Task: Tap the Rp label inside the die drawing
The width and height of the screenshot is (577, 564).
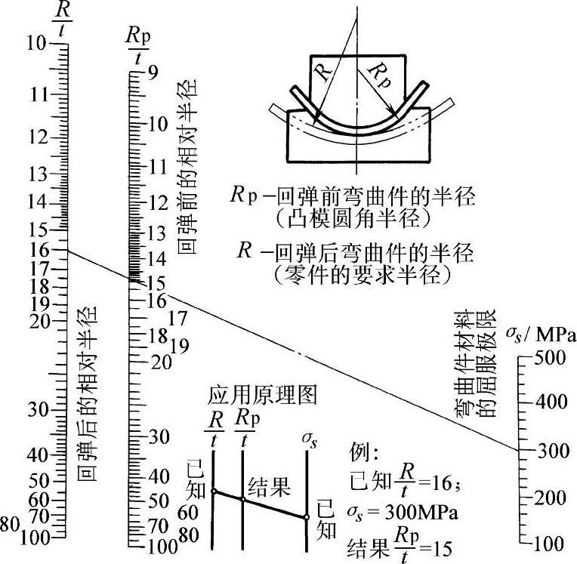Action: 381,75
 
